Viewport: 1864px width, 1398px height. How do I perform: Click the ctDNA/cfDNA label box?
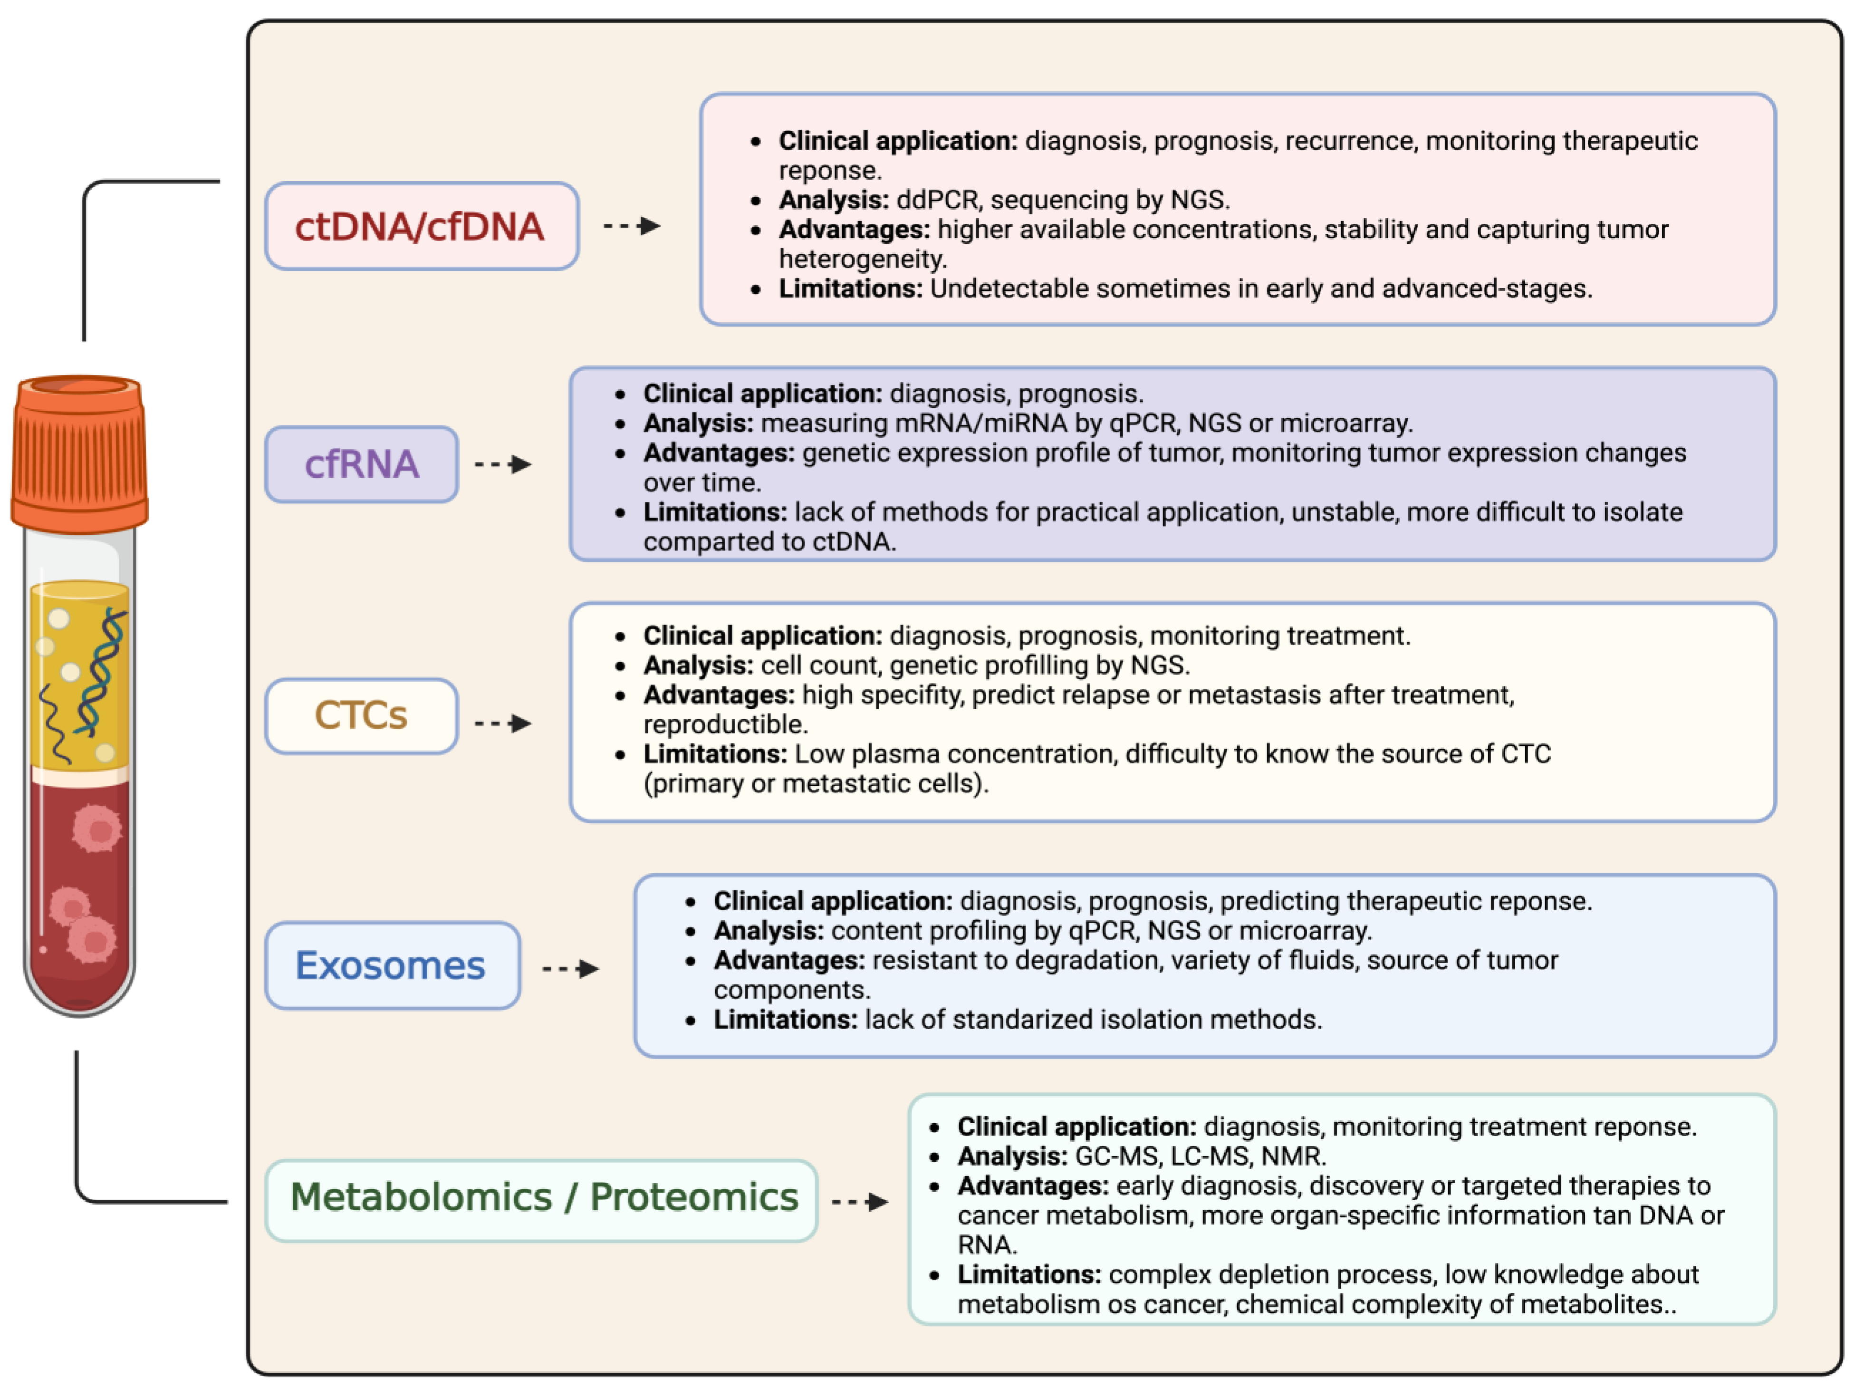click(422, 226)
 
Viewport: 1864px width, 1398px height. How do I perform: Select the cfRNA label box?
click(362, 464)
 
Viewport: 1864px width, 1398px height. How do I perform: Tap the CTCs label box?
click(362, 715)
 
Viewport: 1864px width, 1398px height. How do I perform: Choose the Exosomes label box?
click(392, 966)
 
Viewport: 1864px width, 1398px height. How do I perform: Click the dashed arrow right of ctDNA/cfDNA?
click(632, 226)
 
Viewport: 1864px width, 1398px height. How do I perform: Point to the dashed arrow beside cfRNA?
click(504, 464)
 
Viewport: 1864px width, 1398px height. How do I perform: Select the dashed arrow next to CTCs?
click(504, 723)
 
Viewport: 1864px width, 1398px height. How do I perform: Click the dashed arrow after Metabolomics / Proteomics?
click(860, 1202)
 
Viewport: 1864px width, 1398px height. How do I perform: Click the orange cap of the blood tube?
click(80, 455)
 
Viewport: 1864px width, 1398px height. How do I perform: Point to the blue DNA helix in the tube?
click(101, 674)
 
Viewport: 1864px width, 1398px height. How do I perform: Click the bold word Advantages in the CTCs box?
click(718, 695)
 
